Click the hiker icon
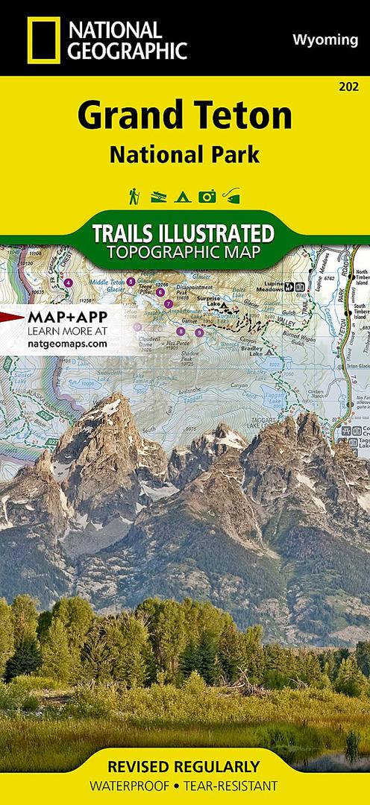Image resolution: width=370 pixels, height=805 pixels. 133,196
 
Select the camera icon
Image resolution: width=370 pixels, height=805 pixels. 207,197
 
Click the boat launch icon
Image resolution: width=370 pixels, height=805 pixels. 157,198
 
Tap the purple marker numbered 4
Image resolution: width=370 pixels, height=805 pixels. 69,282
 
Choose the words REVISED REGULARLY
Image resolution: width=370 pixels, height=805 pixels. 184,767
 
